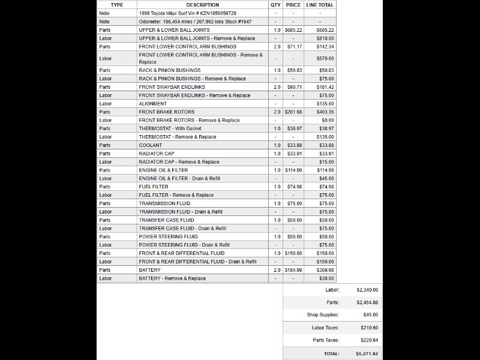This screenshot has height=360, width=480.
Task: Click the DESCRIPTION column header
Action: [x=203, y=5]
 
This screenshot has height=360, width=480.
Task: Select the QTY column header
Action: [x=275, y=5]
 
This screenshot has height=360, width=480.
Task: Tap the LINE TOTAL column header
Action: [x=320, y=5]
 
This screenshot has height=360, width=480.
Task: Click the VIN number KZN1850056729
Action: [x=214, y=13]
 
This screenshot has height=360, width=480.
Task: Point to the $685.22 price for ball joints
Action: [x=293, y=29]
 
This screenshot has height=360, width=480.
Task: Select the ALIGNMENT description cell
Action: [x=153, y=104]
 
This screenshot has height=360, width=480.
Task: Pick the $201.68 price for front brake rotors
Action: [x=293, y=112]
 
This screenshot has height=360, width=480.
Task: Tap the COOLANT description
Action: [x=151, y=145]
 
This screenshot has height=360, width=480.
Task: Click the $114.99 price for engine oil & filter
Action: [x=293, y=170]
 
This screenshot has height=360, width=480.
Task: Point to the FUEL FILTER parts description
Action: [x=154, y=187]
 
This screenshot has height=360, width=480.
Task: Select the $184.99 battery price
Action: [x=293, y=270]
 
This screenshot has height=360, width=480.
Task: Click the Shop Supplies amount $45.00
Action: [x=367, y=314]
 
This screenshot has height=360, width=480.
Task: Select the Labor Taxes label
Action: [x=325, y=328]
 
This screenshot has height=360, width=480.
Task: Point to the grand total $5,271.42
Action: [x=366, y=353]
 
